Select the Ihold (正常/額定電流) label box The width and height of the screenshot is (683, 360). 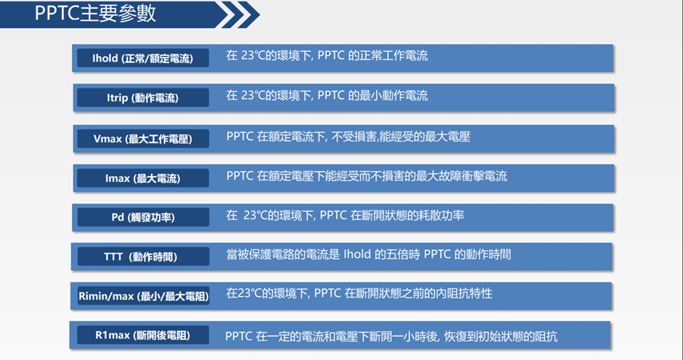(143, 58)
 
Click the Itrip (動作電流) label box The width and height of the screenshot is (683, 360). (143, 98)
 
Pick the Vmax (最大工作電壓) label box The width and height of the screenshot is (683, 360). (143, 138)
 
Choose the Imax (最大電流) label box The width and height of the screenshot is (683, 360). (143, 177)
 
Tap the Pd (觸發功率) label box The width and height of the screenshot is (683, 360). (143, 217)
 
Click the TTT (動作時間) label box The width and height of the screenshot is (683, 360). (143, 257)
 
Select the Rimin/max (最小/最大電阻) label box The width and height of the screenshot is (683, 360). (143, 296)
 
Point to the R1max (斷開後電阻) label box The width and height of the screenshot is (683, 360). (143, 335)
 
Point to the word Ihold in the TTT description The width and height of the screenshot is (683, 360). (358, 254)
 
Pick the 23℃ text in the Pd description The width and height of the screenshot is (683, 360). (256, 215)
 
